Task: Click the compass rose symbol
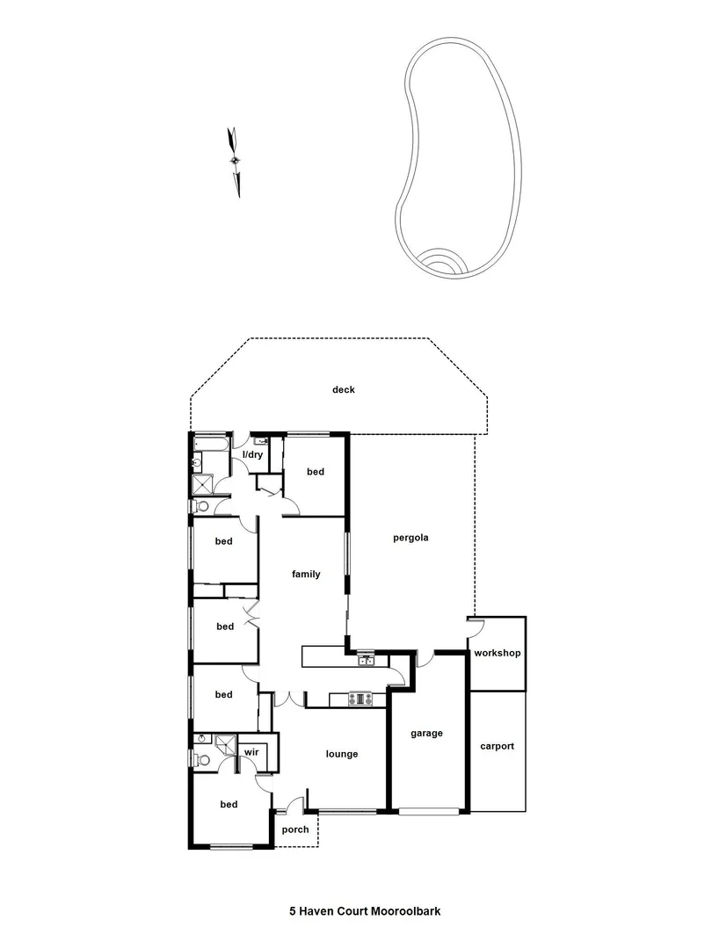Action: click(235, 160)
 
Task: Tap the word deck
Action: click(343, 390)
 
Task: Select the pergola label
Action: click(410, 538)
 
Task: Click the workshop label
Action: click(497, 654)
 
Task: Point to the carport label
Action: click(497, 746)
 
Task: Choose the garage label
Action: click(426, 733)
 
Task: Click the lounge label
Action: click(341, 753)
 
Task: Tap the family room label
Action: click(306, 574)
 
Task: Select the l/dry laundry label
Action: click(253, 454)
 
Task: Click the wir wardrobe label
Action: click(251, 752)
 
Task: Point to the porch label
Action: click(294, 829)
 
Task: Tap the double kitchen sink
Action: click(366, 659)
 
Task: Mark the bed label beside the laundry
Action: click(316, 472)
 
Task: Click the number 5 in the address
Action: click(293, 911)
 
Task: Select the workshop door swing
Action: click(476, 625)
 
